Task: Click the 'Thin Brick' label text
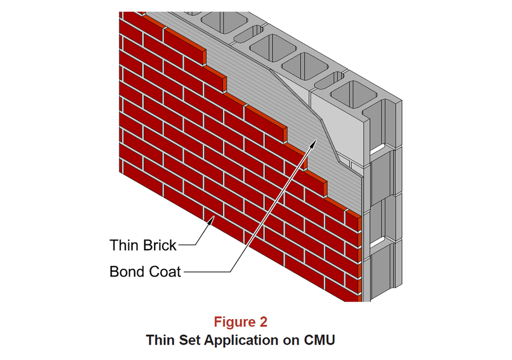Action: pyautogui.click(x=143, y=245)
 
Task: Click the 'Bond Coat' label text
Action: pyautogui.click(x=145, y=272)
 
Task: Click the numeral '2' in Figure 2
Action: pyautogui.click(x=263, y=322)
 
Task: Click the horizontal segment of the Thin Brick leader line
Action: pyautogui.click(x=186, y=245)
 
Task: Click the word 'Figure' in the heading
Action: pyautogui.click(x=234, y=322)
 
